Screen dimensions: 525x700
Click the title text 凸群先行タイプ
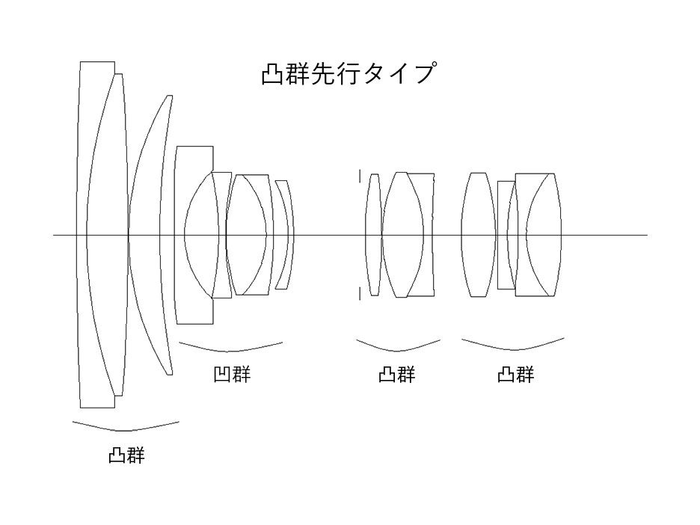(x=349, y=75)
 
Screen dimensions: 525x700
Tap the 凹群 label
(x=231, y=374)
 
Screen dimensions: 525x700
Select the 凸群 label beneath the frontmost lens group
(x=126, y=455)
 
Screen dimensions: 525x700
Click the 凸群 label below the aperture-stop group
(x=396, y=374)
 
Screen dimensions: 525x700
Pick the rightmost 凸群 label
(x=516, y=374)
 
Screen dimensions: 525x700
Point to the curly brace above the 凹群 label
(x=231, y=347)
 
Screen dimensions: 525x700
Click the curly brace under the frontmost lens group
(x=126, y=427)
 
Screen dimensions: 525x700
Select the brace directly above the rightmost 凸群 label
(x=513, y=346)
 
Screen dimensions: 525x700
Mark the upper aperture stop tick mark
(x=360, y=176)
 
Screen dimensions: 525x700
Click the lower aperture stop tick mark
(x=360, y=292)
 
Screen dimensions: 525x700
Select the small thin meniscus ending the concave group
(x=283, y=234)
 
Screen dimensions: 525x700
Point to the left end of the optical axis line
(x=55, y=235)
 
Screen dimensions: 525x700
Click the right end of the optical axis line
(x=646, y=235)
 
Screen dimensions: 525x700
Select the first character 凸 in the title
(x=271, y=75)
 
